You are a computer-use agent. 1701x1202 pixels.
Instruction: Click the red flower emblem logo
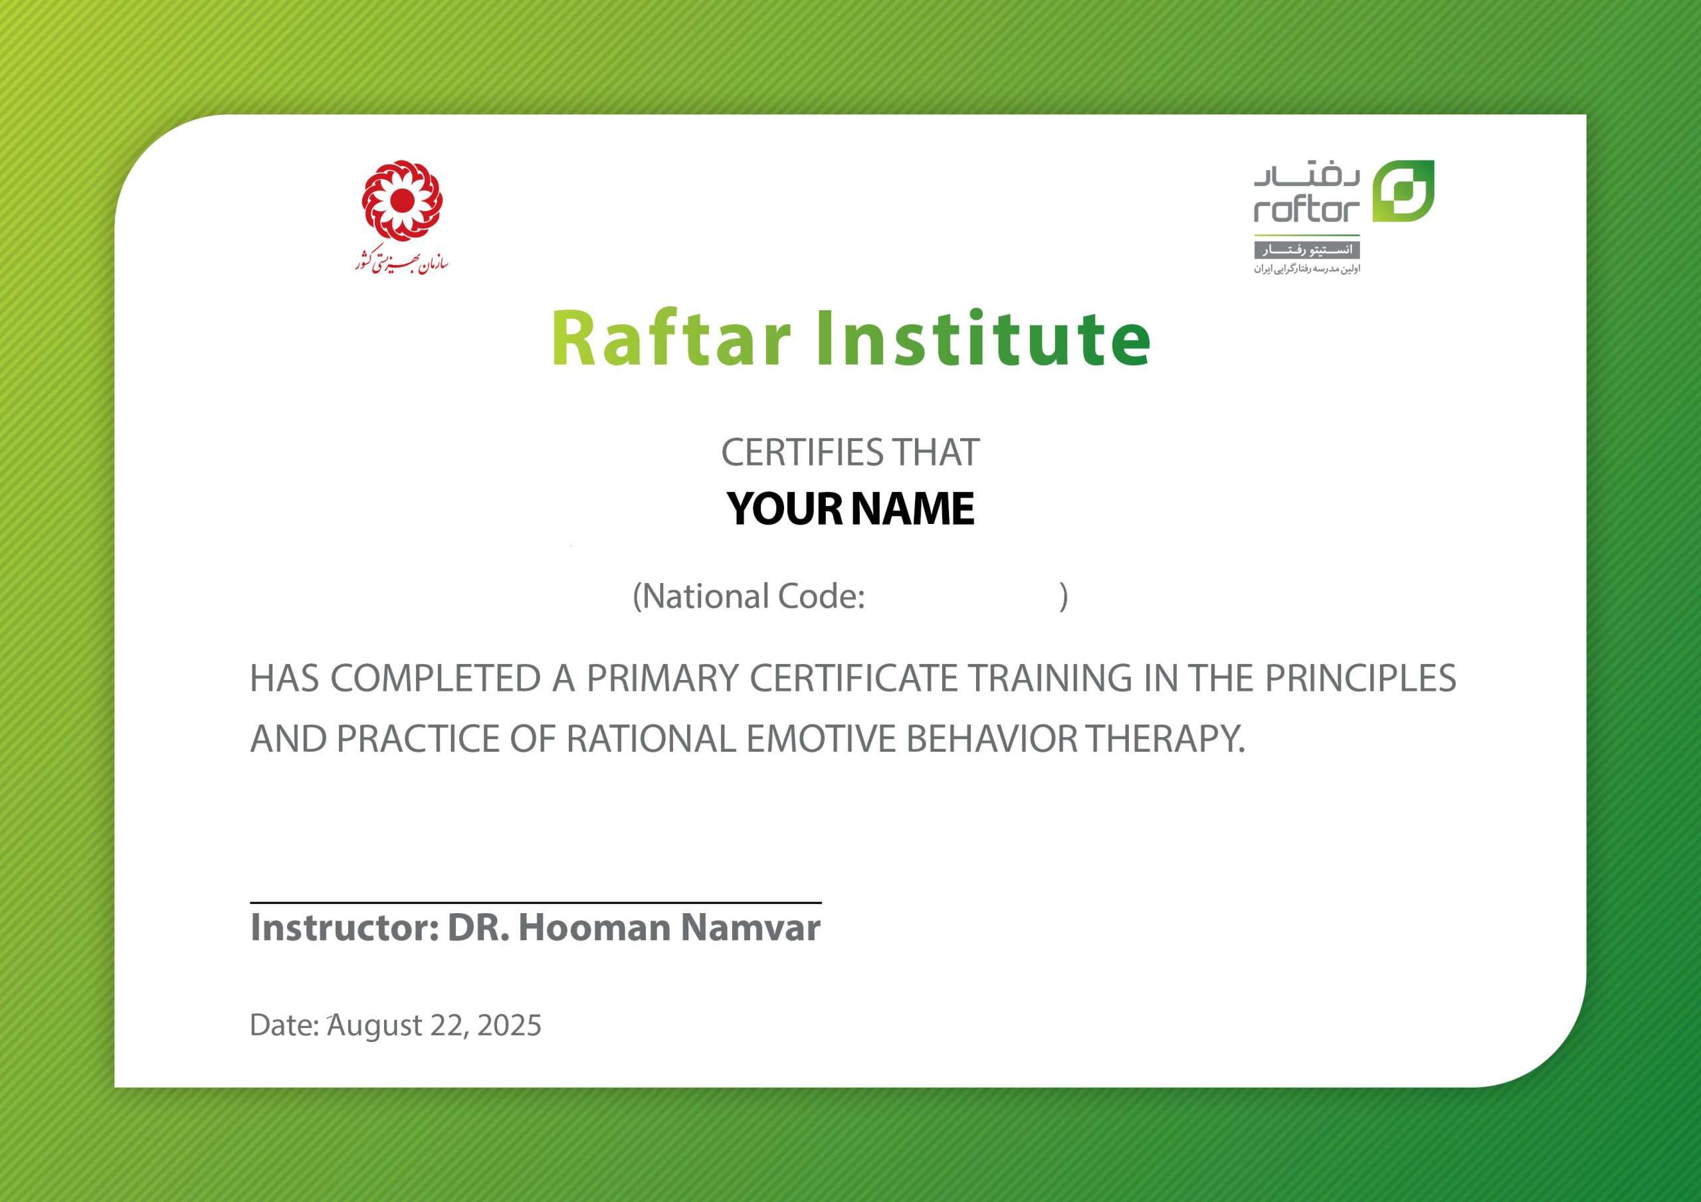[x=402, y=201]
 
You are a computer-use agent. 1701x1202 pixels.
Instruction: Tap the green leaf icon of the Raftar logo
[x=1403, y=191]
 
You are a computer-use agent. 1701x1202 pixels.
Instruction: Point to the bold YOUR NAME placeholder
[x=850, y=509]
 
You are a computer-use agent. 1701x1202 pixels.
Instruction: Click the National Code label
[x=749, y=596]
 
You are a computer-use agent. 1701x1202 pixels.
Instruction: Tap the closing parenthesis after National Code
[x=1064, y=596]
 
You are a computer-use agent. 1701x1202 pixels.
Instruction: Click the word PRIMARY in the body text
[x=663, y=679]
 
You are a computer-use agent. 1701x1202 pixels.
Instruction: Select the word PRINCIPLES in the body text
[x=1360, y=679]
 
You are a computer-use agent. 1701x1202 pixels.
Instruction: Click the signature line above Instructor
[x=536, y=902]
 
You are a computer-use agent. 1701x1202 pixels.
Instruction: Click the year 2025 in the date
[x=510, y=1025]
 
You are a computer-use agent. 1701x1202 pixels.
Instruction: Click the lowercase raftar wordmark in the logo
[x=1307, y=211]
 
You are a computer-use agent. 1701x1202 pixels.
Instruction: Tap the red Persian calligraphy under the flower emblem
[x=401, y=261]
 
